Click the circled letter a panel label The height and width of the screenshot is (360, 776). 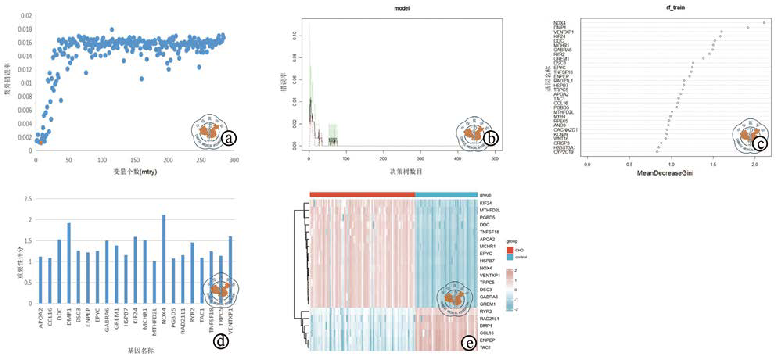click(x=229, y=138)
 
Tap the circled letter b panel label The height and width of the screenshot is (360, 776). click(x=490, y=138)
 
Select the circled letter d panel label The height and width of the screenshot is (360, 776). click(x=221, y=341)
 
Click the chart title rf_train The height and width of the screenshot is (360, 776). click(x=675, y=7)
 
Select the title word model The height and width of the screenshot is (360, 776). click(x=402, y=8)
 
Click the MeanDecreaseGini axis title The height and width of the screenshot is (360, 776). click(x=665, y=173)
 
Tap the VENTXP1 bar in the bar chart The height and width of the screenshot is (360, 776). click(x=230, y=270)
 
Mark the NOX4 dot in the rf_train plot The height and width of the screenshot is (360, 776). click(x=764, y=23)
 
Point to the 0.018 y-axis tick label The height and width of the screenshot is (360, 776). click(x=25, y=29)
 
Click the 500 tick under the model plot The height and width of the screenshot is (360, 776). click(x=495, y=159)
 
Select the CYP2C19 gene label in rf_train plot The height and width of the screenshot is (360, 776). click(x=564, y=152)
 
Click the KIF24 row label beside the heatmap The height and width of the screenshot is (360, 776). click(x=486, y=203)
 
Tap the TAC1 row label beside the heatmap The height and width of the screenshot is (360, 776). click(x=485, y=347)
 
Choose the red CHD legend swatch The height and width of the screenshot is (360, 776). click(x=509, y=250)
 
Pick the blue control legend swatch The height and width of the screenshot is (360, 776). click(x=509, y=257)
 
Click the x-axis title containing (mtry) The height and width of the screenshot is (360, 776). click(x=135, y=172)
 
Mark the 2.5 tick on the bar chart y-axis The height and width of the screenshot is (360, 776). click(x=28, y=199)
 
